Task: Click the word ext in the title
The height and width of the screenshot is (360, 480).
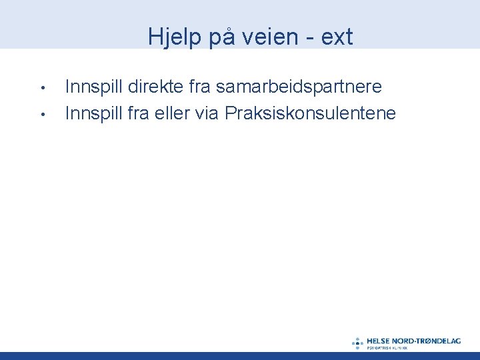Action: tap(337, 37)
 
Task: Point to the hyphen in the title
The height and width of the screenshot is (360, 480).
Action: tap(309, 38)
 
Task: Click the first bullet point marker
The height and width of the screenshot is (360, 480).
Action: tap(41, 88)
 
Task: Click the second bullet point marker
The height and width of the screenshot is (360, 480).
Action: tap(41, 114)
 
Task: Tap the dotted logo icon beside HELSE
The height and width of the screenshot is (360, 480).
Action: tap(358, 343)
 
